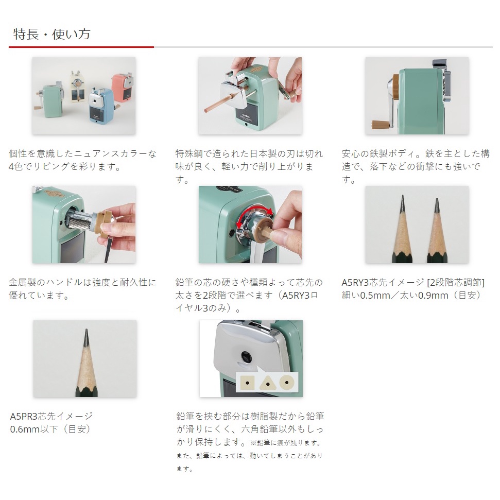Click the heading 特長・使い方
click(52, 34)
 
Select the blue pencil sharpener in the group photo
click(101, 106)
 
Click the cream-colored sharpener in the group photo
click(77, 86)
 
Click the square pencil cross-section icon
click(248, 383)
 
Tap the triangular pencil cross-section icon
click(267, 383)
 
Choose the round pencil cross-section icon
click(287, 382)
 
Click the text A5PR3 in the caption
click(24, 416)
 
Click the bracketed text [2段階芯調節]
click(456, 283)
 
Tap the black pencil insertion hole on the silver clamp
click(246, 356)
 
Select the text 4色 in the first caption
click(15, 167)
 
